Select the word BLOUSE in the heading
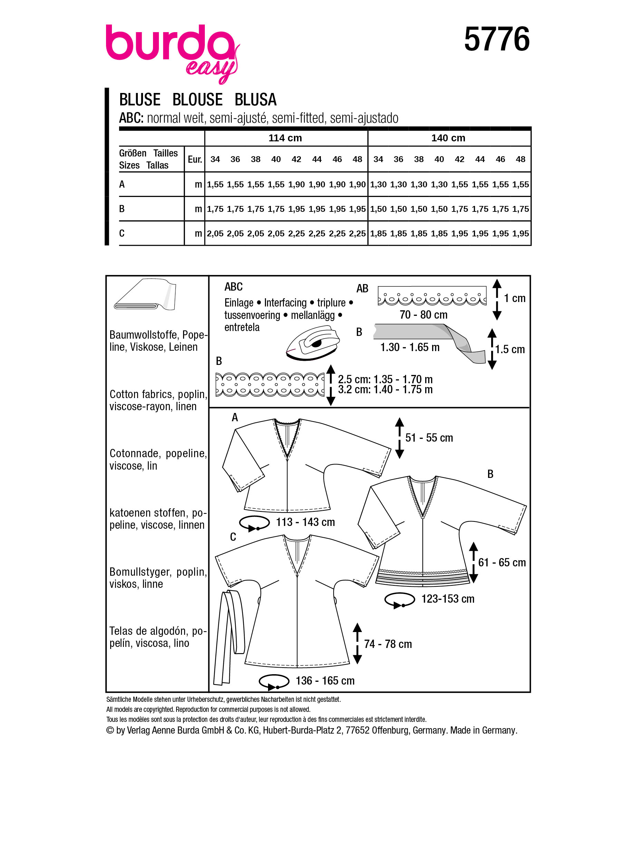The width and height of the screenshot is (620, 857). [198, 100]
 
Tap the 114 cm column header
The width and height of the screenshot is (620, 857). [285, 138]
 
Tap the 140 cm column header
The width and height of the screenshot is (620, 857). [448, 138]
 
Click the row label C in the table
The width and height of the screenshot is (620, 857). [122, 233]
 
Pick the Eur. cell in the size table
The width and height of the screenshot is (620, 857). [195, 159]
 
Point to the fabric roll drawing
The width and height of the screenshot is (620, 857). [145, 295]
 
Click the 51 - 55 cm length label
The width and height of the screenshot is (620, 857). [429, 437]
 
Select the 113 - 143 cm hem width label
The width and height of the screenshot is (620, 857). [305, 522]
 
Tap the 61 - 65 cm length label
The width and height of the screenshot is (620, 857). [502, 562]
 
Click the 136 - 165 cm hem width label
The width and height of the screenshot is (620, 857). [325, 680]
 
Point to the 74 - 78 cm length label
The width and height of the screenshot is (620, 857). [388, 644]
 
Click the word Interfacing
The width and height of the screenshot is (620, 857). [285, 303]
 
